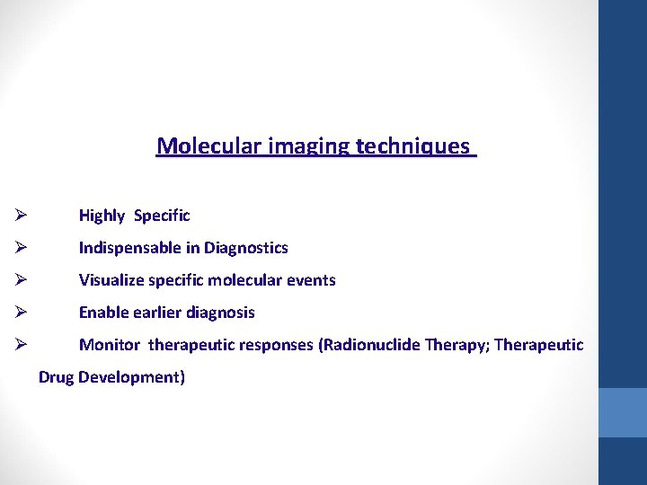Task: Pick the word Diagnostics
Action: pos(246,248)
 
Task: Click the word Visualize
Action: pos(111,280)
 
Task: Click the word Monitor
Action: pos(110,345)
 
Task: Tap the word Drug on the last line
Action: pos(56,377)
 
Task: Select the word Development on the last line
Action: pos(131,377)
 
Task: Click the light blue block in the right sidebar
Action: pos(623,412)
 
